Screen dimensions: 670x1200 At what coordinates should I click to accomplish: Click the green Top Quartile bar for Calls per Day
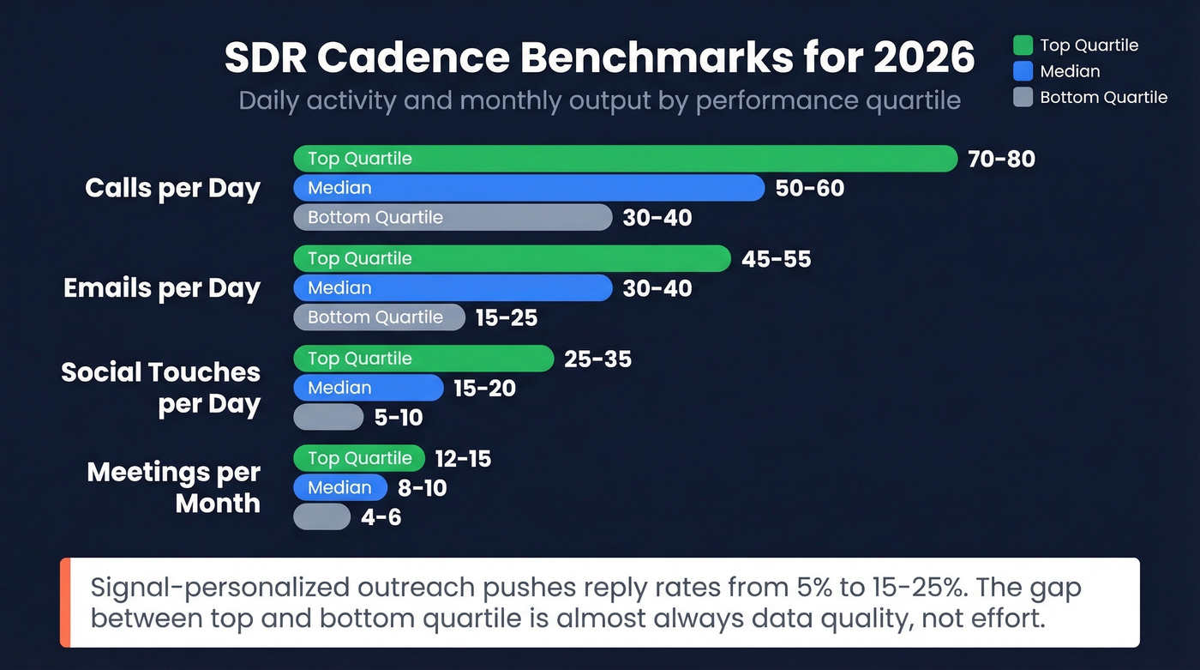pyautogui.click(x=625, y=159)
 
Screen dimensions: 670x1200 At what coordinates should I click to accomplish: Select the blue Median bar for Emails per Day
pyautogui.click(x=453, y=288)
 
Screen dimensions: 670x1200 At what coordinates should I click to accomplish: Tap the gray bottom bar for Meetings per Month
pyautogui.click(x=321, y=517)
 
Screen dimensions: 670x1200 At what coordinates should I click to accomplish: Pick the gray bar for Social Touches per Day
pyautogui.click(x=328, y=417)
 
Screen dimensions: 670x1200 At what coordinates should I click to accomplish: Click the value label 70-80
pyautogui.click(x=1001, y=160)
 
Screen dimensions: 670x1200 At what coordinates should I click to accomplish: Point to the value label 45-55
pyautogui.click(x=776, y=259)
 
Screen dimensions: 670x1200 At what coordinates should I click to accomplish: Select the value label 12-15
pyautogui.click(x=463, y=459)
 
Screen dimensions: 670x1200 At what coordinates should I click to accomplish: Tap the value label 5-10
pyautogui.click(x=399, y=418)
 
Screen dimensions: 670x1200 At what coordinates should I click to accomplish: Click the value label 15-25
pyautogui.click(x=507, y=318)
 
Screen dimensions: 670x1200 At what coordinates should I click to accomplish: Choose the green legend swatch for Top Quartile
pyautogui.click(x=1023, y=45)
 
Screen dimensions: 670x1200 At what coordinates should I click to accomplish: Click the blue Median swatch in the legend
pyautogui.click(x=1023, y=71)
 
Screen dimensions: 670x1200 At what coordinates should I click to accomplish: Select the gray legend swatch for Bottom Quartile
pyautogui.click(x=1023, y=97)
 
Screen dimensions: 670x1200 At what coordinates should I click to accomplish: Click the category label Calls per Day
pyautogui.click(x=172, y=189)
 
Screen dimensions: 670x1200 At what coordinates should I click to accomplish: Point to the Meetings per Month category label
pyautogui.click(x=174, y=487)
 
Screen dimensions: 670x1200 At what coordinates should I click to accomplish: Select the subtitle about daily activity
pyautogui.click(x=599, y=100)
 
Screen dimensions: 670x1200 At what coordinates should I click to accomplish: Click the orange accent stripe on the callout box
pyautogui.click(x=65, y=602)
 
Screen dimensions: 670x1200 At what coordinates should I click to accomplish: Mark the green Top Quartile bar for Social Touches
pyautogui.click(x=423, y=359)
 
